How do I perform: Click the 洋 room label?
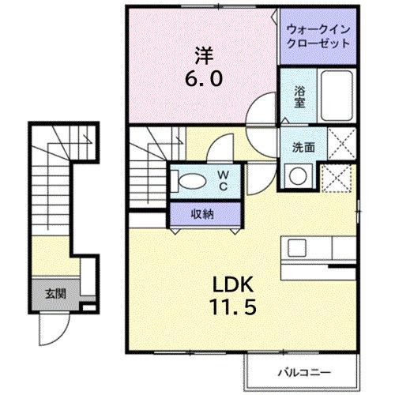204,56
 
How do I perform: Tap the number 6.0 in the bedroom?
204,79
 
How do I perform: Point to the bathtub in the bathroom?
337,96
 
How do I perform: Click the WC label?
223,180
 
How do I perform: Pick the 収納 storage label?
203,213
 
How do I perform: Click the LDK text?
230,284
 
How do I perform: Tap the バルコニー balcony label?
302,371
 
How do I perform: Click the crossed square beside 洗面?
339,147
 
